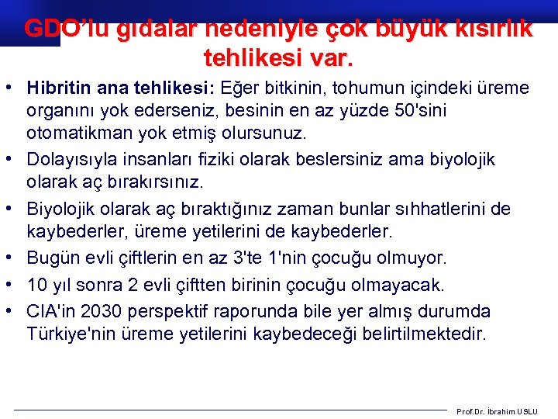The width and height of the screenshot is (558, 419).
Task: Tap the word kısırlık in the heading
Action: [x=494, y=28]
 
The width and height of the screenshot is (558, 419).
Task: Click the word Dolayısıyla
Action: [x=72, y=159]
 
